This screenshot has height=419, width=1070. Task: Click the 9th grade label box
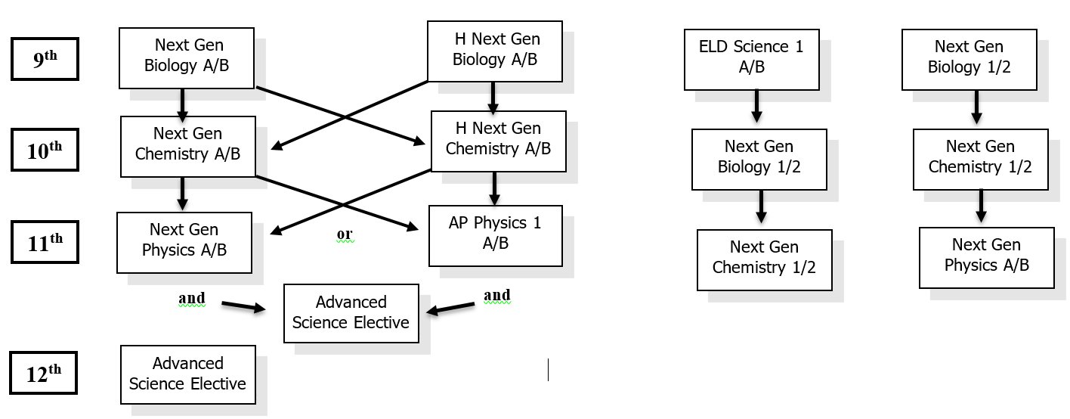(45, 58)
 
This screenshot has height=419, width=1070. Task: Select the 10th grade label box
(45, 149)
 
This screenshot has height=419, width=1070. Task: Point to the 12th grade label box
(43, 372)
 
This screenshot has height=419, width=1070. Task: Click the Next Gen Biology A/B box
(186, 57)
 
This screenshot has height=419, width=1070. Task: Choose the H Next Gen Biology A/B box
(494, 51)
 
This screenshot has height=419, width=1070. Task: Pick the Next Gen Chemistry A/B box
(187, 146)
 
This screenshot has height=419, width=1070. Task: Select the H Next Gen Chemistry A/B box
(498, 141)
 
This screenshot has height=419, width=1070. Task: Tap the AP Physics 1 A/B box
(495, 235)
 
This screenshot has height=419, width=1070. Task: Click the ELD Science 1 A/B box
(751, 59)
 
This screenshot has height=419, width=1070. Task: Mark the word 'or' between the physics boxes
(345, 234)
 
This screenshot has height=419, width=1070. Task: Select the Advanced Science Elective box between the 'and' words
(351, 313)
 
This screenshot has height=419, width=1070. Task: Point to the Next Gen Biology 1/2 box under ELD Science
(759, 159)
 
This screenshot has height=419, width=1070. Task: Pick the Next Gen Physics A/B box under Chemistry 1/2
(986, 257)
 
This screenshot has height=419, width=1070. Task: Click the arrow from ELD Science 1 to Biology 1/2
(756, 106)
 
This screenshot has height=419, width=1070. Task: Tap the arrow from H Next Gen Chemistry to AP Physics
(494, 188)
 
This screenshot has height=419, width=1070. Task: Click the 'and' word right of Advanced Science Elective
(496, 295)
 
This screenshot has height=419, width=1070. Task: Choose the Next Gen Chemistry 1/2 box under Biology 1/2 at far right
(980, 159)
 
